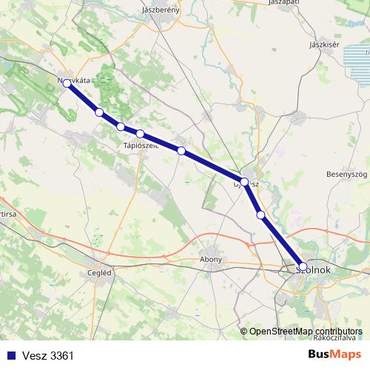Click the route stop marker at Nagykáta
[x=67, y=84]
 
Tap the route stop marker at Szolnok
[x=303, y=266]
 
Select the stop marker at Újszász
[x=244, y=181]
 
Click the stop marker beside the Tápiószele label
[x=140, y=134]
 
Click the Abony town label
[x=212, y=260]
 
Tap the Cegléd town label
[x=99, y=272]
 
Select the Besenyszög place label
[x=347, y=174]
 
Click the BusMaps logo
[x=335, y=355]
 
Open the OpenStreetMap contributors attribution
[x=306, y=332]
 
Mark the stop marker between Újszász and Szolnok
[x=260, y=215]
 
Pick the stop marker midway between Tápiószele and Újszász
[x=181, y=151]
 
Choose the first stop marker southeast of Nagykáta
[x=99, y=112]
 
